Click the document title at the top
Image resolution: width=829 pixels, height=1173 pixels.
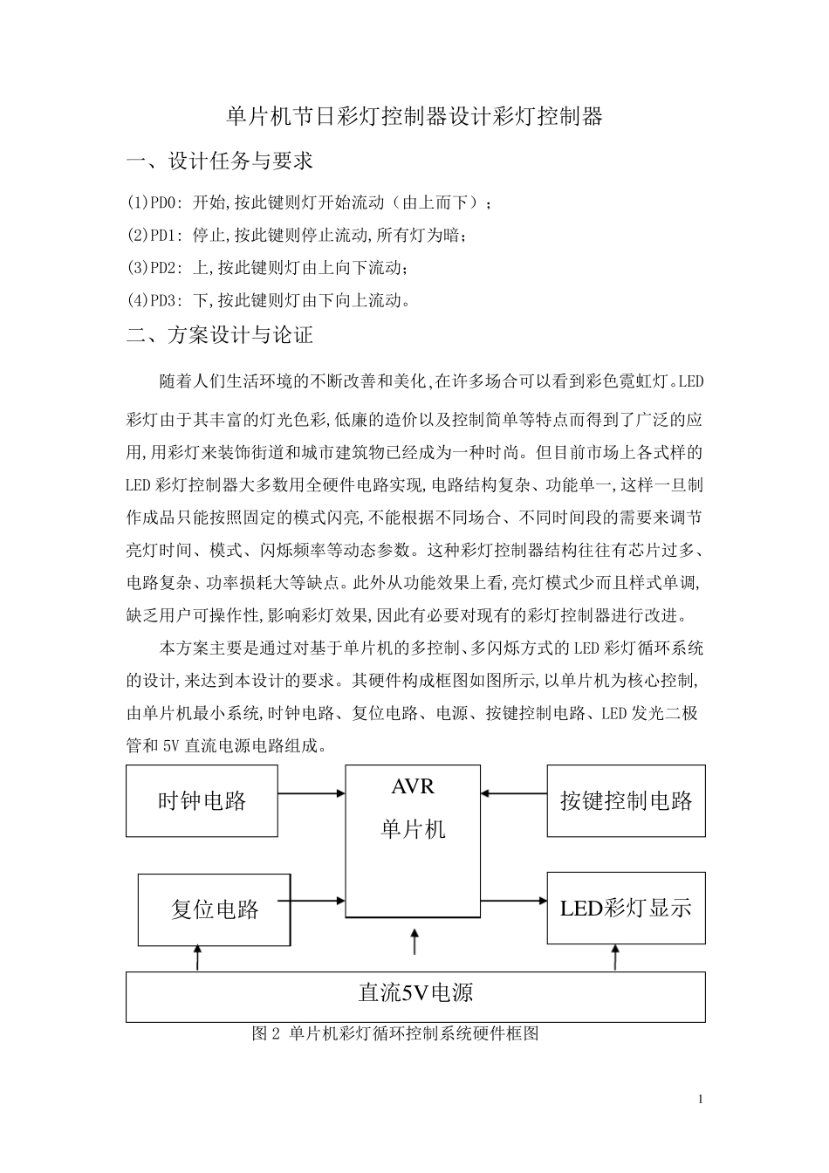point(414,117)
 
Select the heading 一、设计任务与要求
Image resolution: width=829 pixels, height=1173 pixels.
point(219,161)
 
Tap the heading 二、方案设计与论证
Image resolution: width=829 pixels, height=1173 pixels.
point(219,335)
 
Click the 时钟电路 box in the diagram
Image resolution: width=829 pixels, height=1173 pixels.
point(202,801)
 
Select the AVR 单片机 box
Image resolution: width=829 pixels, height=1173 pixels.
point(413,840)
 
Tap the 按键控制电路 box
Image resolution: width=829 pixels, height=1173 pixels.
point(626,801)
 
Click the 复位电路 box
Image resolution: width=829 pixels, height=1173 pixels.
point(215,909)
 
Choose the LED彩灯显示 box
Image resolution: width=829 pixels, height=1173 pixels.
point(626,908)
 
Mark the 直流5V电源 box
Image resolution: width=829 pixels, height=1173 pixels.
point(415,996)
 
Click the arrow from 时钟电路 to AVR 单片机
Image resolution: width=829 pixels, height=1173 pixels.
point(312,793)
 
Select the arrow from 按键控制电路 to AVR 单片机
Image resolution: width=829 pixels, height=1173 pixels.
point(514,793)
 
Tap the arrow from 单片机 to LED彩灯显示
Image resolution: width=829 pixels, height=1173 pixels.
point(514,901)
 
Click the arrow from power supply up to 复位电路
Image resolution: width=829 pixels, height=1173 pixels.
point(199,957)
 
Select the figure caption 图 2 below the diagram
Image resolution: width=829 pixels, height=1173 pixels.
point(394,1034)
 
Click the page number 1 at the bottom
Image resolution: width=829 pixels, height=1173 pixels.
point(701,1098)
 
